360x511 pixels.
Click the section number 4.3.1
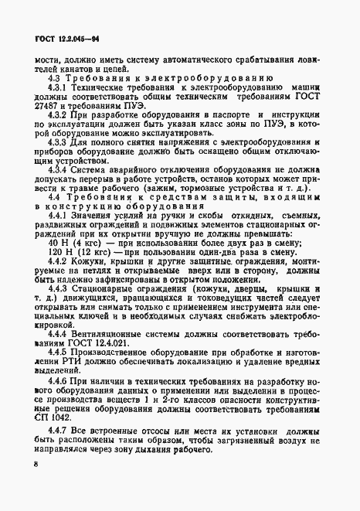[59, 89]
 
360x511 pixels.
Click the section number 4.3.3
[59, 154]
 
